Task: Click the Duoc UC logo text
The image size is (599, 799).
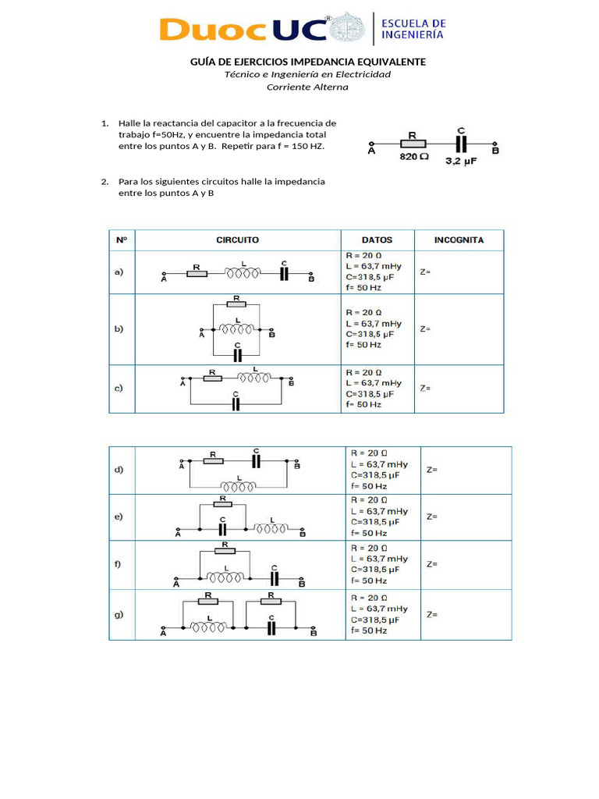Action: pyautogui.click(x=242, y=30)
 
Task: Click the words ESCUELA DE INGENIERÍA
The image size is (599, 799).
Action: pyautogui.click(x=413, y=30)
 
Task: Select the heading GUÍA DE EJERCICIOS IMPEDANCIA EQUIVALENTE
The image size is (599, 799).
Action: pyautogui.click(x=309, y=62)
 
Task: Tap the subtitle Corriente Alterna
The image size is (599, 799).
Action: pyautogui.click(x=307, y=87)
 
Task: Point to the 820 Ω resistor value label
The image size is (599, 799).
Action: pyautogui.click(x=414, y=157)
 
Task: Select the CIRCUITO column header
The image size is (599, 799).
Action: pyautogui.click(x=237, y=240)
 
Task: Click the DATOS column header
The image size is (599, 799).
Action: pyautogui.click(x=377, y=240)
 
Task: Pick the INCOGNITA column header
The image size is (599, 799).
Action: pyautogui.click(x=459, y=240)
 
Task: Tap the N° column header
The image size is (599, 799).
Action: pyautogui.click(x=121, y=240)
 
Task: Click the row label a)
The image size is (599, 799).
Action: pyautogui.click(x=119, y=272)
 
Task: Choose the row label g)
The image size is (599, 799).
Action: pyautogui.click(x=119, y=614)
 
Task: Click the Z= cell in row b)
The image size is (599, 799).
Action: pyautogui.click(x=425, y=328)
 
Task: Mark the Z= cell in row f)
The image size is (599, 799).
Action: pyautogui.click(x=431, y=563)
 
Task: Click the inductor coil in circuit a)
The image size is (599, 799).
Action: pyautogui.click(x=243, y=273)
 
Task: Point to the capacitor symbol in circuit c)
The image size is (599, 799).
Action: pyautogui.click(x=236, y=403)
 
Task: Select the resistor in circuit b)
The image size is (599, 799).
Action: pyautogui.click(x=236, y=302)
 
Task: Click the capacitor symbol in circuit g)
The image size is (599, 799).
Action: pyautogui.click(x=271, y=627)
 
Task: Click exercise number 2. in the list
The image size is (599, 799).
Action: pyautogui.click(x=105, y=182)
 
